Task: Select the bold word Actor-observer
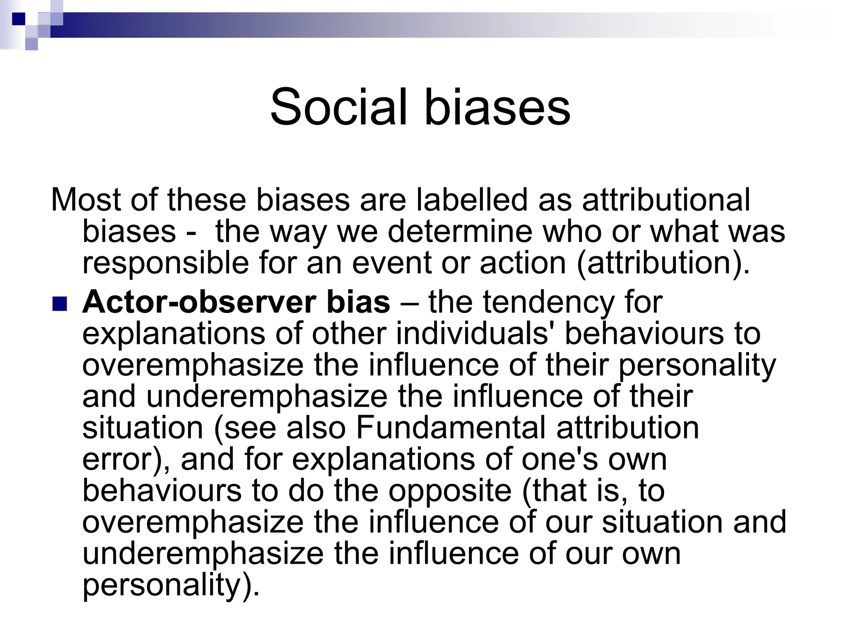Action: coord(199,302)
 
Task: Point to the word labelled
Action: coord(471,200)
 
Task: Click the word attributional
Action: coord(666,200)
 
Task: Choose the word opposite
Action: coord(450,491)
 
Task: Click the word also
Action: coord(316,428)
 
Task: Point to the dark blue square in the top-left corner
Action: coord(18,19)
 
